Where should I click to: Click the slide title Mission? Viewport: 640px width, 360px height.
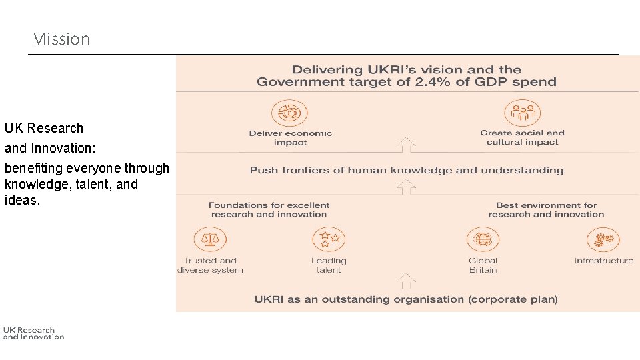(x=61, y=39)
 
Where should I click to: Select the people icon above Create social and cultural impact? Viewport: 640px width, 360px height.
(x=522, y=113)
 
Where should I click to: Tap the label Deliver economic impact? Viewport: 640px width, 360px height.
(x=290, y=137)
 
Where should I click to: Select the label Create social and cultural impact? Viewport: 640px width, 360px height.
(x=522, y=137)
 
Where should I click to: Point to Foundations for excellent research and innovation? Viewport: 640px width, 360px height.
(x=269, y=209)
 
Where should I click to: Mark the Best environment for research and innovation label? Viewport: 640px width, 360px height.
(x=546, y=209)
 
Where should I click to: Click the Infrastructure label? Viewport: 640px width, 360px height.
(x=603, y=261)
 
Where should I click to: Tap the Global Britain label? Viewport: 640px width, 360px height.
(x=483, y=265)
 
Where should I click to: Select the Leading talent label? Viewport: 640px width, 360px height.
(x=329, y=265)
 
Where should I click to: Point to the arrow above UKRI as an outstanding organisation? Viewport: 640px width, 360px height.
(x=406, y=281)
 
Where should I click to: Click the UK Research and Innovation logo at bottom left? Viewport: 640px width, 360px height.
(x=33, y=333)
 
